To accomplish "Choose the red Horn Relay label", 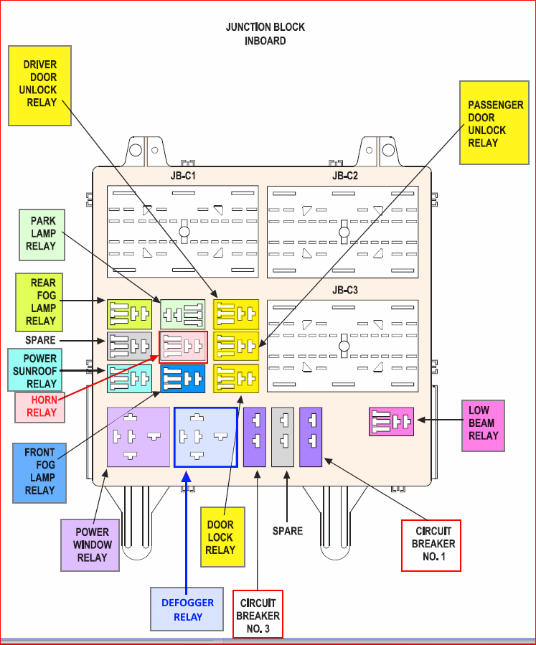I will (39, 406).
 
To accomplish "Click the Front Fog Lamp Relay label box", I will (39, 471).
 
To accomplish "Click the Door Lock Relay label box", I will (220, 537).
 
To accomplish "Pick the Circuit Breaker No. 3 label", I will (258, 614).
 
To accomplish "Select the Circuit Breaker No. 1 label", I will (431, 544).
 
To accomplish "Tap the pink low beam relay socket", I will (391, 422).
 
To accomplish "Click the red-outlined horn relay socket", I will (183, 347).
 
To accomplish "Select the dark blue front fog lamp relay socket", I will (183, 378).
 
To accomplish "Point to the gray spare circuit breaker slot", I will (283, 437).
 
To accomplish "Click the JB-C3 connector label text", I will (345, 291).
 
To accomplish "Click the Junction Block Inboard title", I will (265, 34).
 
